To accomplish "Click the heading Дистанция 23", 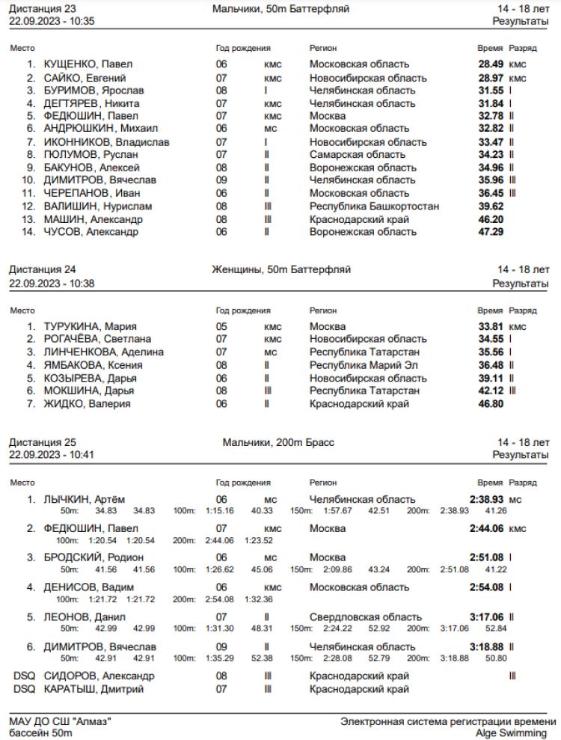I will coord(42,9).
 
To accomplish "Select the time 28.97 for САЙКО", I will coord(491,78).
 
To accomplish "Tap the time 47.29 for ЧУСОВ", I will coord(491,232).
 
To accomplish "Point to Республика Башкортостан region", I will coord(374,207).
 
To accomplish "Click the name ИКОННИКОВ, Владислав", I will coord(107,142).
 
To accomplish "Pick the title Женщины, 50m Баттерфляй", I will coord(281,269).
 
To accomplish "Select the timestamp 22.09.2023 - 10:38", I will coord(52,284).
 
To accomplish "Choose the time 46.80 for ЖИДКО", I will coord(491,404).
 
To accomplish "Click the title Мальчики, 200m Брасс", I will coord(278,442).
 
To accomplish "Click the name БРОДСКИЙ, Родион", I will coord(93,557).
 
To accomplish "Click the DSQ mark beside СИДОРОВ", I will coord(24,676).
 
